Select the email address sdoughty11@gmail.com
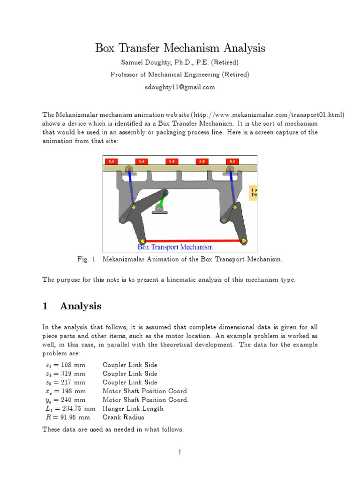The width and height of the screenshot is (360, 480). (x=180, y=87)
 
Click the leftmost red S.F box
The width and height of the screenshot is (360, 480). (x=112, y=161)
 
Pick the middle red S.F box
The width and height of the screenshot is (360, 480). (x=172, y=161)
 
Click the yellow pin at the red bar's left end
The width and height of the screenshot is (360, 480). (x=143, y=241)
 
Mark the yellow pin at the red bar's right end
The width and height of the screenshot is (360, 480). (x=243, y=241)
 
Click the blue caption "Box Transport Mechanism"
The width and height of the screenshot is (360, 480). (x=175, y=247)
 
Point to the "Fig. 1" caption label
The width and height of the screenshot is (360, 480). (x=86, y=259)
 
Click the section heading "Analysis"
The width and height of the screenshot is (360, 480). (x=81, y=306)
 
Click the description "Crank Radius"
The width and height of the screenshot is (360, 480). (x=123, y=417)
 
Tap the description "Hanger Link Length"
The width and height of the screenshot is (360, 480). (x=133, y=408)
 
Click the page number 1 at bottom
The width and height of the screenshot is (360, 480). (x=180, y=452)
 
